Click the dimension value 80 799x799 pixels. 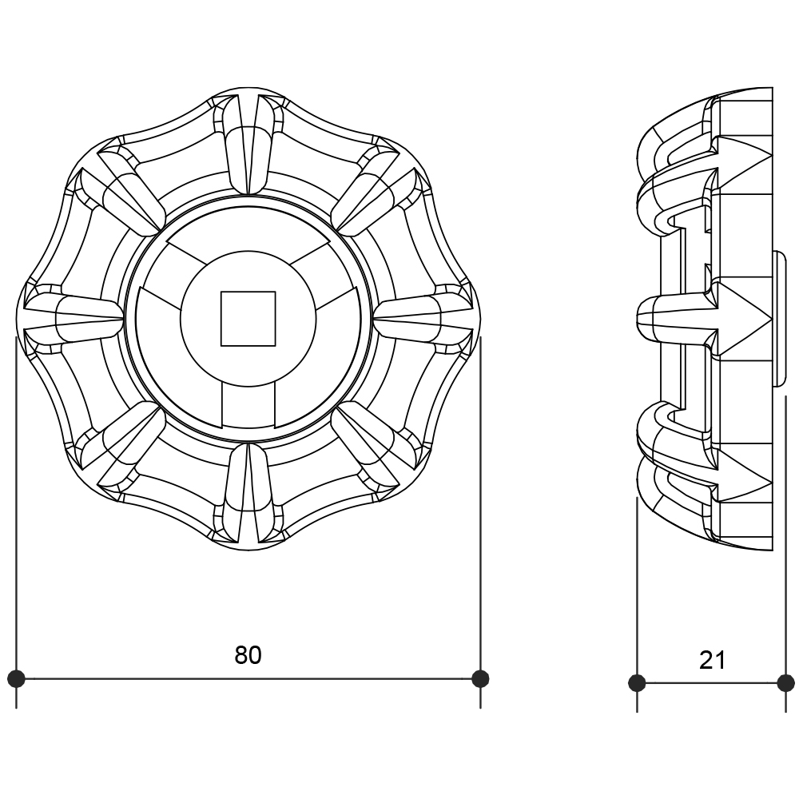(x=248, y=655)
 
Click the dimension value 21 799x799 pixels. (x=712, y=660)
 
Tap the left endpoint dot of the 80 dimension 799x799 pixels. (x=16, y=678)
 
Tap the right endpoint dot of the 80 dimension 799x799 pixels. (x=480, y=678)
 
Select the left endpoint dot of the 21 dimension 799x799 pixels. (x=637, y=683)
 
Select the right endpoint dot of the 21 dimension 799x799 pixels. (x=785, y=683)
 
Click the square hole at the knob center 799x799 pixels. (x=248, y=319)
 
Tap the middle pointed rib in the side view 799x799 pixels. (x=704, y=319)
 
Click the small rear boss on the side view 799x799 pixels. (x=778, y=319)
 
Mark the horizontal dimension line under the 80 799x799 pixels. (x=248, y=678)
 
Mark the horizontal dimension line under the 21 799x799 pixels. (x=711, y=683)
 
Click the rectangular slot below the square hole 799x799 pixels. (x=248, y=405)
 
